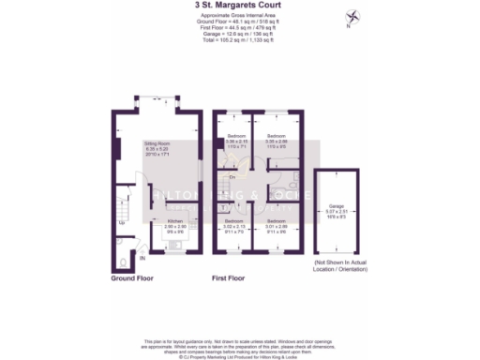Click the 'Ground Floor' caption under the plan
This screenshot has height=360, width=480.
coord(131,278)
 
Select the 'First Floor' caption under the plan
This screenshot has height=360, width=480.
coord(233,278)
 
